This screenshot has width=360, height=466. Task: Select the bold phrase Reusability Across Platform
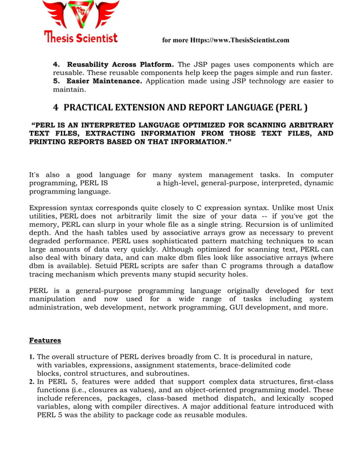click(x=120, y=64)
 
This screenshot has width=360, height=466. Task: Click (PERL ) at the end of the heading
click(x=291, y=107)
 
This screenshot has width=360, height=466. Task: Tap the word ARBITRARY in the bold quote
click(x=309, y=125)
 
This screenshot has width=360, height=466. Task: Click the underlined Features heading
click(x=45, y=340)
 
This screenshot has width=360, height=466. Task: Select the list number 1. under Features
click(x=32, y=357)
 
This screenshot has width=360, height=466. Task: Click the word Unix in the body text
click(x=323, y=208)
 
